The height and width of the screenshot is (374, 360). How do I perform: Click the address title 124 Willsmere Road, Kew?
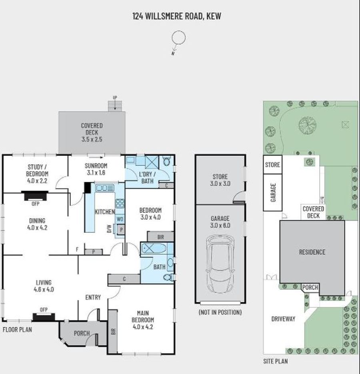pyautogui.click(x=177, y=16)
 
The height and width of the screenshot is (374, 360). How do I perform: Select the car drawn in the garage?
pyautogui.click(x=220, y=264)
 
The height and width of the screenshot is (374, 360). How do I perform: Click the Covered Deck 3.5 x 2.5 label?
pyautogui.click(x=92, y=133)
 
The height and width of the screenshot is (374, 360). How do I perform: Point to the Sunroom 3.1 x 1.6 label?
pyautogui.click(x=96, y=169)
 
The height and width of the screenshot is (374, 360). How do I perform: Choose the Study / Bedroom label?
pyautogui.click(x=37, y=170)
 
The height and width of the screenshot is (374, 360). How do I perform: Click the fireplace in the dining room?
pyautogui.click(x=35, y=196)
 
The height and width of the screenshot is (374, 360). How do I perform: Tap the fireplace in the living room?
pyautogui.click(x=44, y=317)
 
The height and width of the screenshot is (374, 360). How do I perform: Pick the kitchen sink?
pyautogui.click(x=104, y=188)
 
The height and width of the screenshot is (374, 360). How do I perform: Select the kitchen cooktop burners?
pyautogui.click(x=120, y=203)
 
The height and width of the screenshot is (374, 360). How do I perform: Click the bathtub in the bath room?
pyautogui.click(x=154, y=249)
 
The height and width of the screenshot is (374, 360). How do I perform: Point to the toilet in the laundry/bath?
pyautogui.click(x=166, y=161)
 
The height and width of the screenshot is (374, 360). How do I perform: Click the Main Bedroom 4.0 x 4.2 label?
pyautogui.click(x=143, y=320)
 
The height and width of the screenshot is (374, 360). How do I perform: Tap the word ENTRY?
pyautogui.click(x=93, y=297)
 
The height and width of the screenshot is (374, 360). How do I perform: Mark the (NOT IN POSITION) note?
pyautogui.click(x=220, y=312)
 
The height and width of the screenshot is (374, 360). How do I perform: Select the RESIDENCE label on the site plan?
pyautogui.click(x=312, y=252)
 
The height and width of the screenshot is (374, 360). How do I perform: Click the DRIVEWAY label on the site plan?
pyautogui.click(x=283, y=319)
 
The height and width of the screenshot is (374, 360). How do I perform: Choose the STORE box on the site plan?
pyautogui.click(x=272, y=165)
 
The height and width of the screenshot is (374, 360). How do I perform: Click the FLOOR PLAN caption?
pyautogui.click(x=17, y=330)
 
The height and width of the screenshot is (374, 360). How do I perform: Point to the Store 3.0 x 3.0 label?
pyautogui.click(x=220, y=180)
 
